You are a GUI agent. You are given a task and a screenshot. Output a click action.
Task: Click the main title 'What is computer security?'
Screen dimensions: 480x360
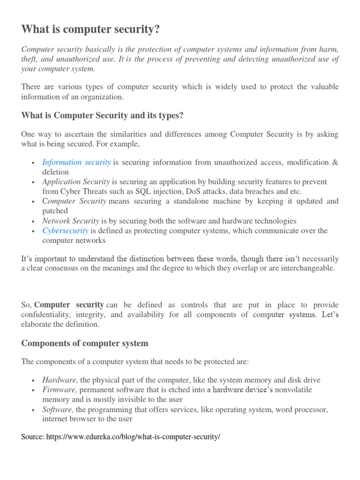coord(90,30)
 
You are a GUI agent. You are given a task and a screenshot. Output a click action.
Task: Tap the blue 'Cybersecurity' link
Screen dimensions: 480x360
coord(65,231)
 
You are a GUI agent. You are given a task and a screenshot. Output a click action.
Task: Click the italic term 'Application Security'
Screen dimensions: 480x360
coord(76,181)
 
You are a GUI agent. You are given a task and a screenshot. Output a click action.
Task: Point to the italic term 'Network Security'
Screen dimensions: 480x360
coord(71,221)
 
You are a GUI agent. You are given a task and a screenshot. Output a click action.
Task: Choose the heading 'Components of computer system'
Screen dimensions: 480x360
coord(85,343)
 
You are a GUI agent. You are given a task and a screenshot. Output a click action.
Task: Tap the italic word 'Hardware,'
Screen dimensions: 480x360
coord(60,380)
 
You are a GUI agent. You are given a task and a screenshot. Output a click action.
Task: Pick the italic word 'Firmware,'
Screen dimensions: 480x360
coord(60,390)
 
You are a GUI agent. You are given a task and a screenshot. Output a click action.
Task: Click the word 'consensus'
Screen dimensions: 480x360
coord(60,268)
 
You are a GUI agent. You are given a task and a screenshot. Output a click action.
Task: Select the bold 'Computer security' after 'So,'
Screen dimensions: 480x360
coord(69,305)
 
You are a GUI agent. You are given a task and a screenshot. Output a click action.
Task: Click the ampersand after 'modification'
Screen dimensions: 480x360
coord(335,162)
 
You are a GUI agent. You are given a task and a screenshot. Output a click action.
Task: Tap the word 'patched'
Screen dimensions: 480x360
coord(55,211)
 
